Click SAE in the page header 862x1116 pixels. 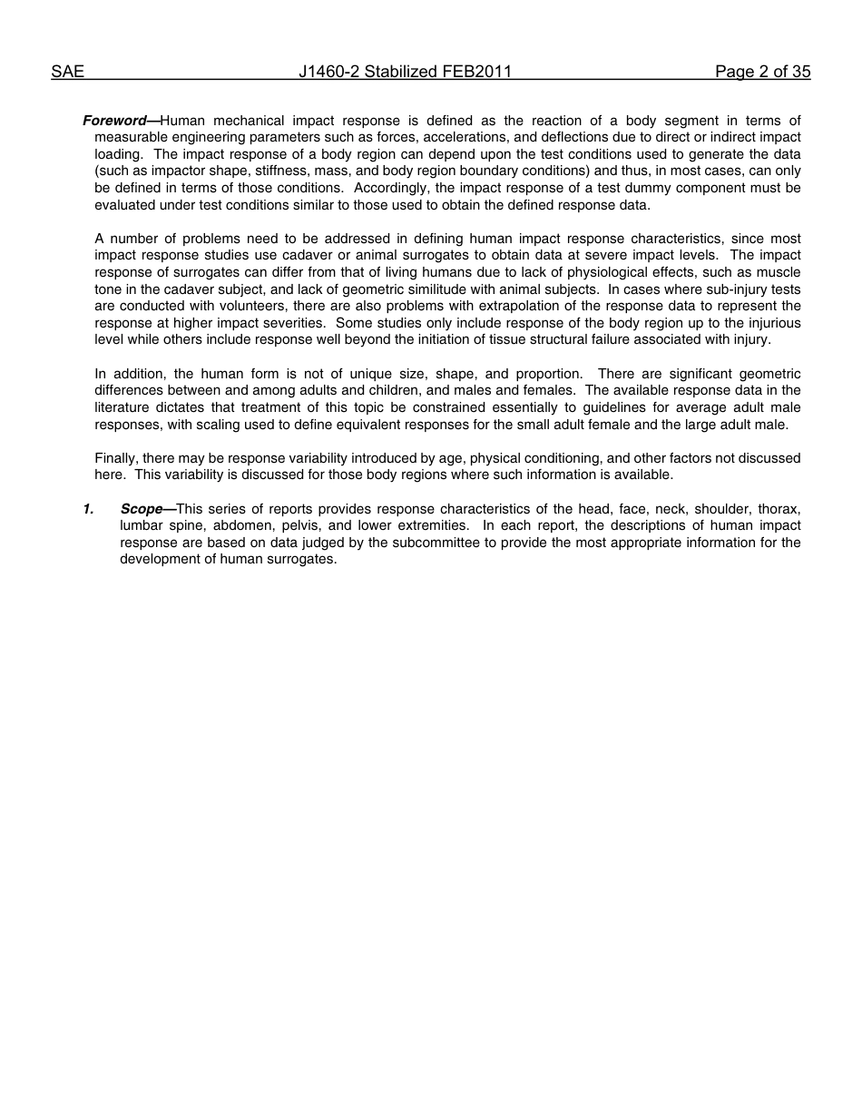tap(67, 72)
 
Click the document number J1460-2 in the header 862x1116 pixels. tap(329, 72)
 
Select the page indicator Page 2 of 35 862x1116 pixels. tap(762, 72)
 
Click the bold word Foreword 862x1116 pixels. tap(114, 121)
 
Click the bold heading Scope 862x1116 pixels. tap(142, 509)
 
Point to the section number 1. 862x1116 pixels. tap(88, 509)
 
